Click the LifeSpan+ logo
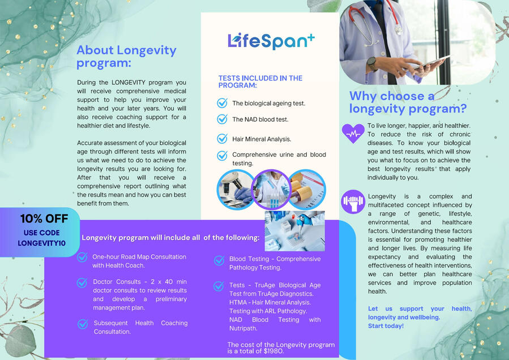tap(271, 40)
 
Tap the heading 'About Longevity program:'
tap(126, 56)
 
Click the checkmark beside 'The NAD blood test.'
tap(223, 119)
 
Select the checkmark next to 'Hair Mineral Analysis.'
tap(223, 139)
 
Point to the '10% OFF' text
tap(44, 218)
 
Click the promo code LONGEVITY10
tap(41, 243)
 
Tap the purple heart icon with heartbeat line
tap(353, 133)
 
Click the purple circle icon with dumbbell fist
tap(353, 202)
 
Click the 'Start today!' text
tap(386, 326)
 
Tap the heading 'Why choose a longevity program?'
tap(408, 102)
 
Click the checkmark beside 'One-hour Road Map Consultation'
tap(82, 257)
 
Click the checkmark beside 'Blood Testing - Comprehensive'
tap(219, 260)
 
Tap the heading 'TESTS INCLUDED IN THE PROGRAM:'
tap(260, 82)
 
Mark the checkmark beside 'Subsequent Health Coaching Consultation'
tap(83, 324)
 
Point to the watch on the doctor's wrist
tap(371, 63)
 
